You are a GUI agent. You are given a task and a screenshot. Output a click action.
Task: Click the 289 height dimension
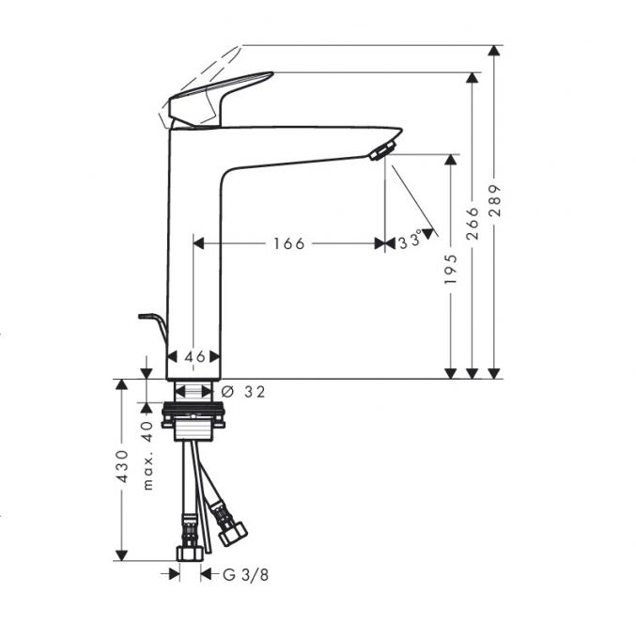pyautogui.click(x=494, y=200)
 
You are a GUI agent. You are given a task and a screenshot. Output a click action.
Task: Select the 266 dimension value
pyautogui.click(x=473, y=223)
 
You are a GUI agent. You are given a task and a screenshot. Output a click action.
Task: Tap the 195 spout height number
pyautogui.click(x=451, y=270)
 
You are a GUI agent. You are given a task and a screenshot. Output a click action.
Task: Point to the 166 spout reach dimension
pyautogui.click(x=288, y=243)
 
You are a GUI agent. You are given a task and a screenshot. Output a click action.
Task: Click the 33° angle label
pyautogui.click(x=411, y=240)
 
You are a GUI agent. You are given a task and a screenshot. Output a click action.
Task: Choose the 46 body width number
pyautogui.click(x=194, y=357)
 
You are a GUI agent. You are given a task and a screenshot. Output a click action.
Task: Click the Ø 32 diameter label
pyautogui.click(x=242, y=392)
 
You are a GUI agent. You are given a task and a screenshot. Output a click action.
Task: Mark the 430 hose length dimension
pyautogui.click(x=122, y=467)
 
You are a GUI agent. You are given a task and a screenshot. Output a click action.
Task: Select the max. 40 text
pyautogui.click(x=147, y=456)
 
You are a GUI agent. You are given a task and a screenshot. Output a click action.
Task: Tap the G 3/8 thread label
pyautogui.click(x=246, y=575)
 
